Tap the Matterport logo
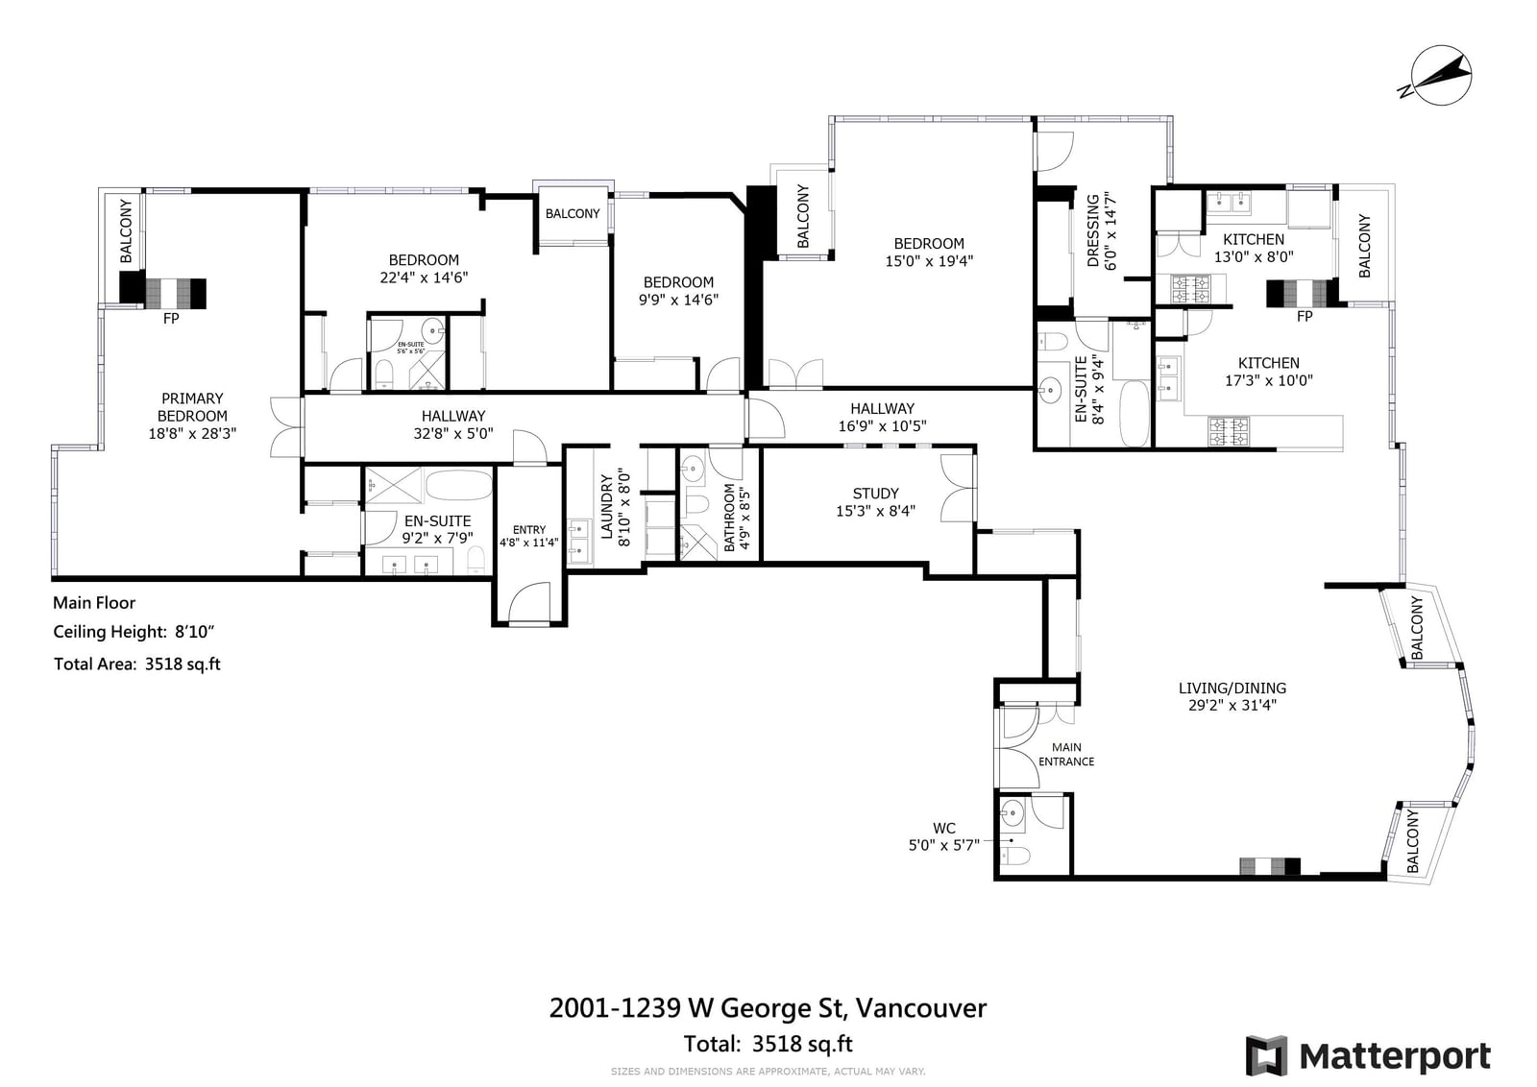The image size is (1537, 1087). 1368,1056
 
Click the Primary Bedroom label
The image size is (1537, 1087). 192,416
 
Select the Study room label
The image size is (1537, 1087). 875,502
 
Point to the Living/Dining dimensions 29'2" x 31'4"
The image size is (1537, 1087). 1232,705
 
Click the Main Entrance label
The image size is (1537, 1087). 1066,755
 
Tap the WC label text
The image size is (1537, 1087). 943,828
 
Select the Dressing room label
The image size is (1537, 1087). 1102,230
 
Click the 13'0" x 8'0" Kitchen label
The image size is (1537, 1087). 1254,248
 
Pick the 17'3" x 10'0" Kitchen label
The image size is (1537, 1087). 1269,372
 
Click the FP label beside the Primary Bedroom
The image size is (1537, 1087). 171,318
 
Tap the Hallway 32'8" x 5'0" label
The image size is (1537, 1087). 452,424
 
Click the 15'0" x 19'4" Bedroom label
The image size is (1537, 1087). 929,253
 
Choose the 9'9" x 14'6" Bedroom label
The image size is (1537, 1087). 678,291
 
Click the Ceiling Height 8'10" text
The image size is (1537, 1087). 134,632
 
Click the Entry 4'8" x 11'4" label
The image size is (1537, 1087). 529,536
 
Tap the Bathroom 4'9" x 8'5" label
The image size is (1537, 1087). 737,518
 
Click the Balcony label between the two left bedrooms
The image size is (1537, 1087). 573,213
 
